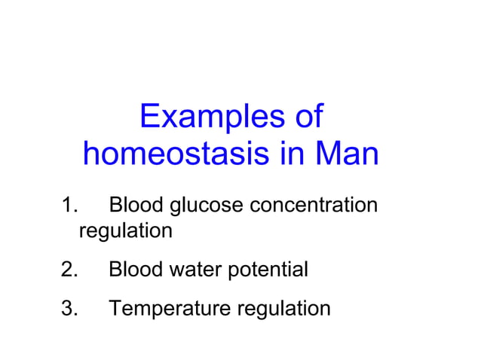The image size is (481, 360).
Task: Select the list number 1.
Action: pos(69,205)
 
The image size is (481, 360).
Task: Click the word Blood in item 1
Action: pos(136,205)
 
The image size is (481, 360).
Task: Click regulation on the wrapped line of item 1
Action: pos(125,231)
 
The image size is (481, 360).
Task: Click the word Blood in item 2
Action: pos(136,269)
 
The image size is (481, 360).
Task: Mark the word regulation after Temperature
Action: pos(283,309)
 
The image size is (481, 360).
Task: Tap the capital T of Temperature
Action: pos(115,308)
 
